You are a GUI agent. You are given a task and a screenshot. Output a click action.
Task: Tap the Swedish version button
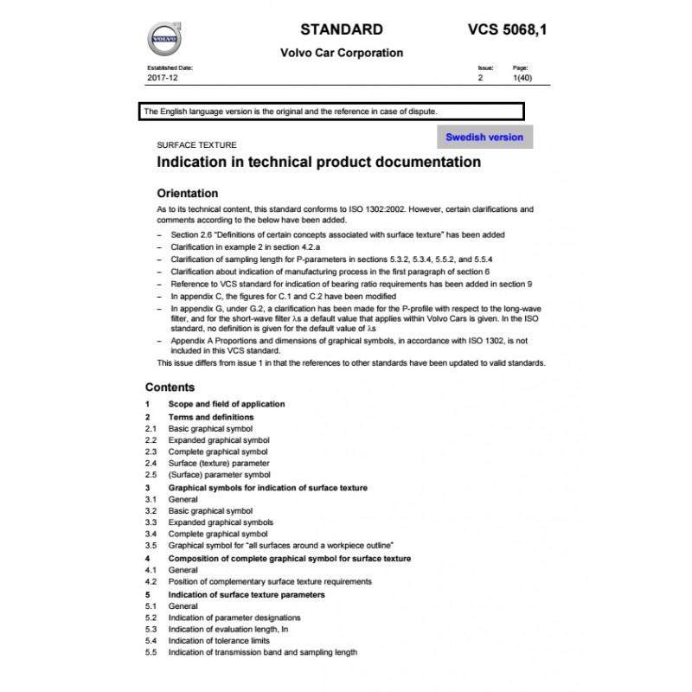tap(484, 137)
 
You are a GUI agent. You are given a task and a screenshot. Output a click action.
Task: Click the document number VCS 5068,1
tap(507, 29)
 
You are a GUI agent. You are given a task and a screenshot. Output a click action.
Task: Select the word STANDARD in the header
tap(342, 29)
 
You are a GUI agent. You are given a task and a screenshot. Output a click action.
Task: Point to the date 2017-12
tap(162, 78)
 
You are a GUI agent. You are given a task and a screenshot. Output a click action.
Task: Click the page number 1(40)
tap(522, 78)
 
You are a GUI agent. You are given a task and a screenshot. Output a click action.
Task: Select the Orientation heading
tap(187, 193)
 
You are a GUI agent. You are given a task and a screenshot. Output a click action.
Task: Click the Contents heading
tap(170, 388)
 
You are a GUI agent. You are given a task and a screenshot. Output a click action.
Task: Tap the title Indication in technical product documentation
tap(317, 162)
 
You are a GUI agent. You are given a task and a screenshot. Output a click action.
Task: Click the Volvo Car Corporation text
tap(342, 53)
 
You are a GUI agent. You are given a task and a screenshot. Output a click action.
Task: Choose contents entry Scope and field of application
tap(227, 404)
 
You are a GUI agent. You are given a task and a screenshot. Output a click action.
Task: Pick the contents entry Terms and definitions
tap(211, 417)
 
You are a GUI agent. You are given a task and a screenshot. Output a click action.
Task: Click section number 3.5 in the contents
tap(151, 546)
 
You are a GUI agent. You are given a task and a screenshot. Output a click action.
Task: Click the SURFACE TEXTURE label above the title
tap(195, 145)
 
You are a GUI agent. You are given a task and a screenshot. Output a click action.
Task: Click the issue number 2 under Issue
tap(480, 78)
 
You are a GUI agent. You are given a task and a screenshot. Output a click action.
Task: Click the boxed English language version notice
tap(330, 112)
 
